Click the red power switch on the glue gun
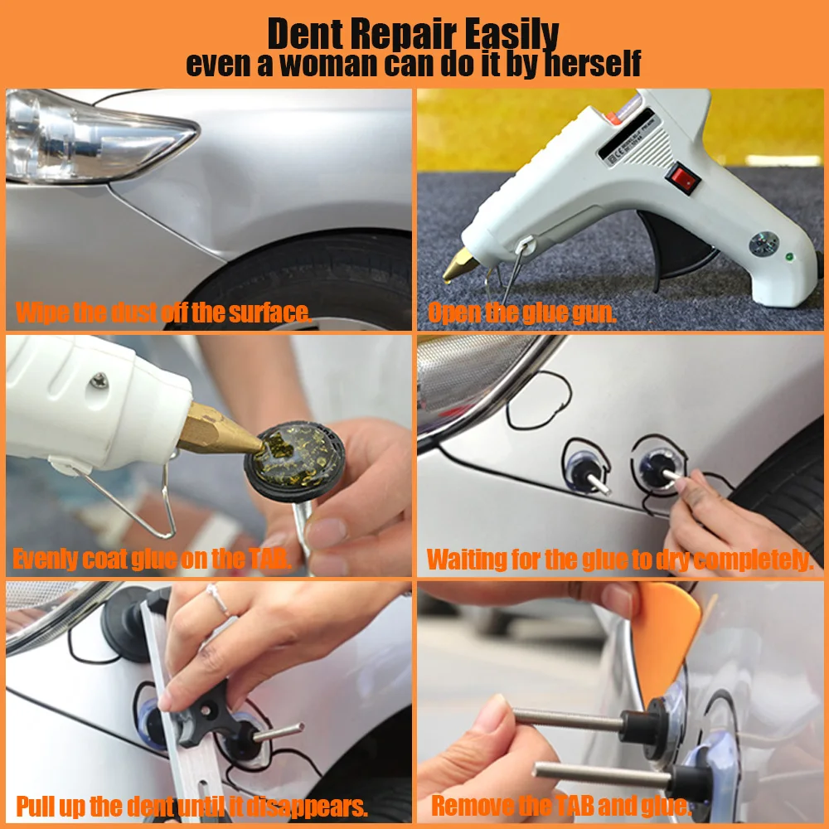pyautogui.click(x=682, y=179)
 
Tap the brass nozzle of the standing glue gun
pyautogui.click(x=459, y=264)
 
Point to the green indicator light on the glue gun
pyautogui.click(x=789, y=257)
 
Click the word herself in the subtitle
pyautogui.click(x=593, y=64)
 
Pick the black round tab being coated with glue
pyautogui.click(x=294, y=461)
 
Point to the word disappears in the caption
pyautogui.click(x=307, y=807)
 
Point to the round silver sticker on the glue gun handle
pyautogui.click(x=764, y=245)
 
